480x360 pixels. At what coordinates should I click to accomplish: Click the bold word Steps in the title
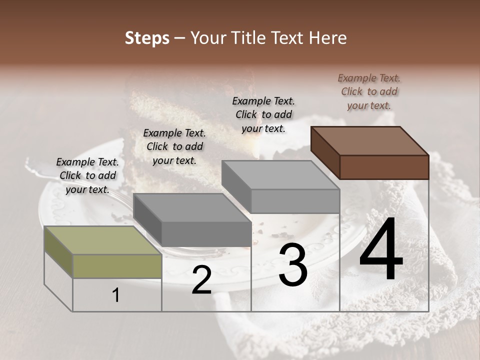(147, 38)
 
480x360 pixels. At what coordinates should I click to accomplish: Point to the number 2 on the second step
(201, 280)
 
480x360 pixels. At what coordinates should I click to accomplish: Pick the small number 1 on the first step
(116, 295)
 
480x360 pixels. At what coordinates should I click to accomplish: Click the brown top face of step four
(370, 140)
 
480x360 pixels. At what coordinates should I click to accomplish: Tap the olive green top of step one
(102, 240)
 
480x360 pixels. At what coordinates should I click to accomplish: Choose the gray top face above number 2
(192, 207)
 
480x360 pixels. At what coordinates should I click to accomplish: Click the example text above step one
(87, 175)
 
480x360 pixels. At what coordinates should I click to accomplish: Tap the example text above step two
(174, 146)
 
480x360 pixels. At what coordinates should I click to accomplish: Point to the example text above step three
(263, 114)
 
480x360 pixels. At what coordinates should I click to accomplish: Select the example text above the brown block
(369, 91)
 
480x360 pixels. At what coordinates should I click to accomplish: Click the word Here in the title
(327, 38)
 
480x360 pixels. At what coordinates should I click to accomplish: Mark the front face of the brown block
(384, 167)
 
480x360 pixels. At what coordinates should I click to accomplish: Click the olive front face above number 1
(117, 266)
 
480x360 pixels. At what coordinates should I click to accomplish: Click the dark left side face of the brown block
(325, 152)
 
